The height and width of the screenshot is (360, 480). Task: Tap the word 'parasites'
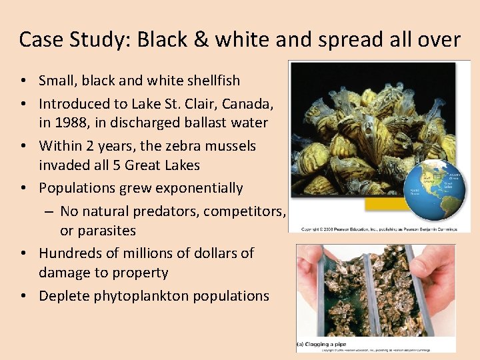pyautogui.click(x=106, y=231)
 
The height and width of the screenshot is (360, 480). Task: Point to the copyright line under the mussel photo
pyautogui.click(x=379, y=229)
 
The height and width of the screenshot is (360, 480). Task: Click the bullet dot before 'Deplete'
pyautogui.click(x=23, y=296)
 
